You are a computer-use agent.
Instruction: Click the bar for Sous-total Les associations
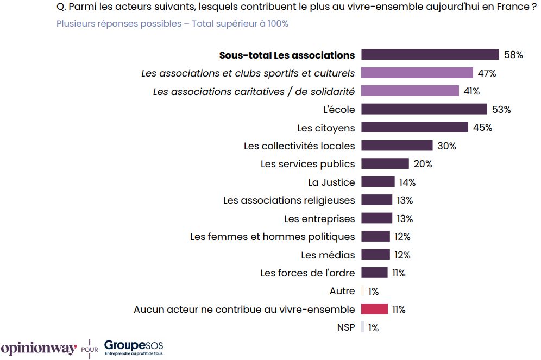click(430, 55)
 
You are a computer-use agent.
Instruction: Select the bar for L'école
click(424, 110)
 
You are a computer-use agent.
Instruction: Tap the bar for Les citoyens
click(414, 128)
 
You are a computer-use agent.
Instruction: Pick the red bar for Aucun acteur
click(374, 310)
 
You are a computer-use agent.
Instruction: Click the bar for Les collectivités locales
click(397, 146)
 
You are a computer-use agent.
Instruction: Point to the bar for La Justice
click(378, 182)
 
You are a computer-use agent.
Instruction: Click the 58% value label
click(513, 55)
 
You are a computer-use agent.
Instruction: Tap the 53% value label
click(501, 110)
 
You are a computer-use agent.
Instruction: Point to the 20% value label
click(423, 164)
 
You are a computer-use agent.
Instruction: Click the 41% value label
click(471, 91)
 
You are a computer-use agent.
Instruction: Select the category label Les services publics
click(307, 164)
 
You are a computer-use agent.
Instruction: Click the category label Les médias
click(328, 255)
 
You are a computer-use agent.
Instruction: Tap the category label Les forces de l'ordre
click(307, 273)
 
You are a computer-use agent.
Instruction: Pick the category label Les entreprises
click(319, 219)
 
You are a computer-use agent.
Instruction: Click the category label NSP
click(346, 328)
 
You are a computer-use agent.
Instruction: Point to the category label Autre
click(342, 292)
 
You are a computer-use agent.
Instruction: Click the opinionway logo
click(39, 349)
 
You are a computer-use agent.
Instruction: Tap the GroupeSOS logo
click(134, 348)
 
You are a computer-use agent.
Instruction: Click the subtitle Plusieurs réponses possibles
click(172, 24)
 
